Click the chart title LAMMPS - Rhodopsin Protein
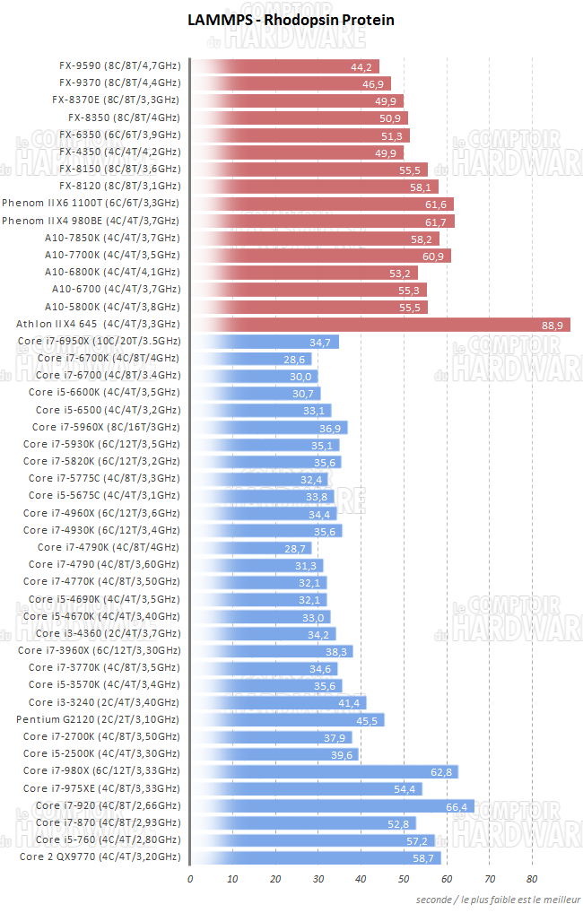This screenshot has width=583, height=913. pyautogui.click(x=291, y=20)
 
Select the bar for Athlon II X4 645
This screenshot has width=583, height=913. pyautogui.click(x=381, y=324)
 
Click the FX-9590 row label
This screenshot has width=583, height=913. pyautogui.click(x=118, y=65)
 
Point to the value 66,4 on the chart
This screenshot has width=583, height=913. pyautogui.click(x=457, y=806)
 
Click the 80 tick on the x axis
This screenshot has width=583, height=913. pyautogui.click(x=532, y=878)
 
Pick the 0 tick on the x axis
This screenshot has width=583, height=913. pyautogui.click(x=190, y=878)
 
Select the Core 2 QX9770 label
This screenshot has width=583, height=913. pyautogui.click(x=100, y=857)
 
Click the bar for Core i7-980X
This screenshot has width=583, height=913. pyautogui.click(x=325, y=771)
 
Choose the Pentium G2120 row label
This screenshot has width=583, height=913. pyautogui.click(x=98, y=719)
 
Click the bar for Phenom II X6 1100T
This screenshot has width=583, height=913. pyautogui.click(x=322, y=204)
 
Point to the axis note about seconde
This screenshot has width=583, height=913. pyautogui.click(x=498, y=900)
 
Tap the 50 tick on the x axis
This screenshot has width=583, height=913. pyautogui.click(x=404, y=878)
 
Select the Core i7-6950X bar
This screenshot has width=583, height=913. pyautogui.click(x=265, y=342)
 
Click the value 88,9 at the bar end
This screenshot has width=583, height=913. pyautogui.click(x=553, y=325)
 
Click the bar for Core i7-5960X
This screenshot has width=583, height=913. pyautogui.click(x=269, y=427)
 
